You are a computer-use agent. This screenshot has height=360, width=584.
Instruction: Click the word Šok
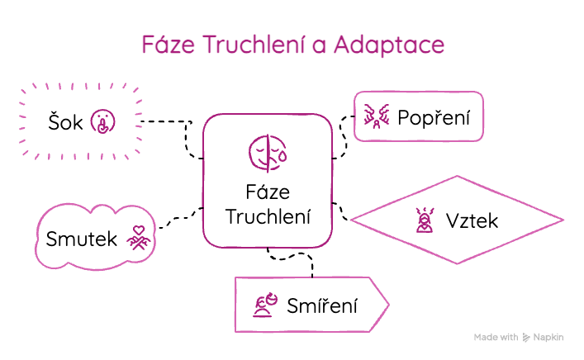[x=65, y=122]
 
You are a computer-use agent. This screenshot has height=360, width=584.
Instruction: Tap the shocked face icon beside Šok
[x=102, y=122]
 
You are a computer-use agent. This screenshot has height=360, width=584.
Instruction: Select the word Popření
[x=434, y=118]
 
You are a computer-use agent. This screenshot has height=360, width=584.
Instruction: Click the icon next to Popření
[x=376, y=118]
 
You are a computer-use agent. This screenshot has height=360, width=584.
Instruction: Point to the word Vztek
[x=472, y=221]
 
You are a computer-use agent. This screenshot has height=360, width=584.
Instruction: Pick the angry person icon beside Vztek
[x=425, y=220]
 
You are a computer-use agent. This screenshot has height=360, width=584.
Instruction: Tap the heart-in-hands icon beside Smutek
[x=140, y=238]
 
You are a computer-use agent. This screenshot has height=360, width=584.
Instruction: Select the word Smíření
[x=321, y=306]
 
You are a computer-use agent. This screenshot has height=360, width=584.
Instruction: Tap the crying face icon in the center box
[x=268, y=152]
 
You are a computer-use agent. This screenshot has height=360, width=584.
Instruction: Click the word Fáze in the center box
[x=268, y=194]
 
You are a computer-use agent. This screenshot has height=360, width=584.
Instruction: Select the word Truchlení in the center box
[x=268, y=217]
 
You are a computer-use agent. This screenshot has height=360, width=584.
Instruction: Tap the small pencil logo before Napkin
[x=526, y=338]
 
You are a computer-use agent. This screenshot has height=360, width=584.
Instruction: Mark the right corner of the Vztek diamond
[x=563, y=221]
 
